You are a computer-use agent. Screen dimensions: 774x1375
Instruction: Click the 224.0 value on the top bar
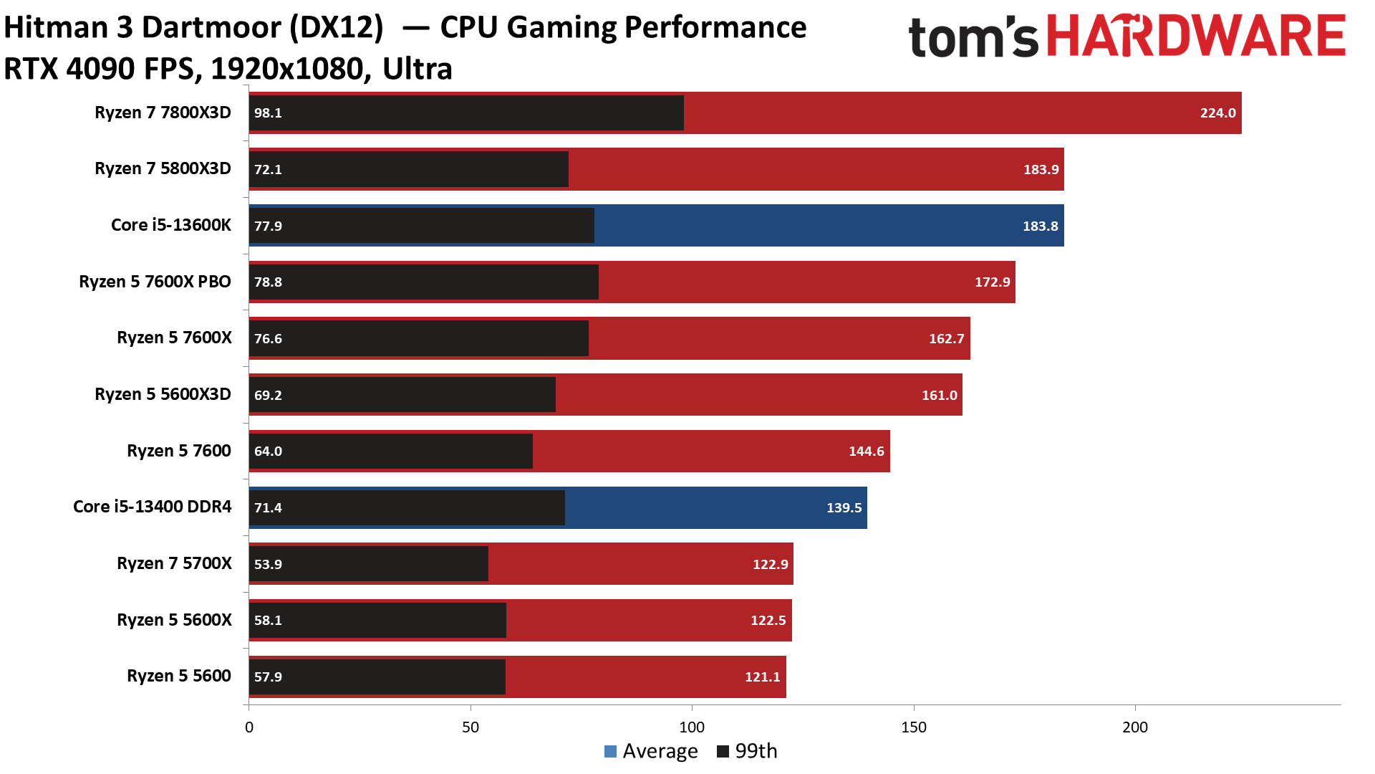pos(1217,113)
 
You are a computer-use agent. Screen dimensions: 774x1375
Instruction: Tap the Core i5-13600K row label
pos(170,225)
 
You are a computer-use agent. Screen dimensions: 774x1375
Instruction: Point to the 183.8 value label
pos(1040,226)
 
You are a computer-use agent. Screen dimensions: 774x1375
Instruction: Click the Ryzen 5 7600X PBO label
pos(155,282)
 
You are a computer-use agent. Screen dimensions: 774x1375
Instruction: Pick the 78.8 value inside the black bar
pos(268,282)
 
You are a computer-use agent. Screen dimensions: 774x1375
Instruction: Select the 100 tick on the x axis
pos(692,727)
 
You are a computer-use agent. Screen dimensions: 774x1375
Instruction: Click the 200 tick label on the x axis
pos(1135,727)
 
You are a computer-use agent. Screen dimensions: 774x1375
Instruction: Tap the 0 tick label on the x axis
pos(249,727)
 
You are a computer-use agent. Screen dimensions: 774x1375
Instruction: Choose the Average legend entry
pos(651,751)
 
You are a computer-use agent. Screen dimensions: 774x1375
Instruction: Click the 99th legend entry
pos(748,751)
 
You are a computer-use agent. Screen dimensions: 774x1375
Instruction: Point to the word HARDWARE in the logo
pos(1196,36)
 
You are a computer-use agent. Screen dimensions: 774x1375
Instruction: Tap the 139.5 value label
pos(844,508)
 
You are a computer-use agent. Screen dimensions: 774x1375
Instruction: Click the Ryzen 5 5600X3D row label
pos(163,394)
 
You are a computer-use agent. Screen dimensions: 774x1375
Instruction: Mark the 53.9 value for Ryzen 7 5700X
pos(268,565)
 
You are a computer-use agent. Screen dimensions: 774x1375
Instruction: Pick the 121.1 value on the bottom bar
pos(762,677)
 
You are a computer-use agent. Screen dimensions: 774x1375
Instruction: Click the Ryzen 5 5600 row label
pos(178,676)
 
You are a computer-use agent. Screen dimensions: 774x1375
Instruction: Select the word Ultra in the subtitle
pos(417,70)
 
